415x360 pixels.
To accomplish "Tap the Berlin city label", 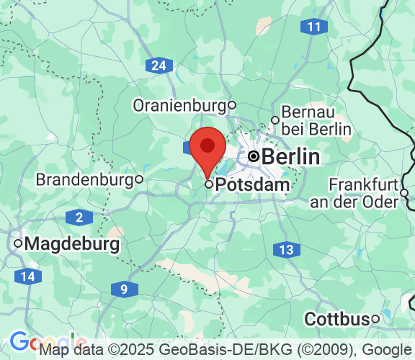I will click(x=290, y=157).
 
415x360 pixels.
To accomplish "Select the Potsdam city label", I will click(x=253, y=185).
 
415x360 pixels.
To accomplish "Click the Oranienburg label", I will click(x=179, y=106).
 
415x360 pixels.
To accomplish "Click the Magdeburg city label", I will click(x=72, y=244).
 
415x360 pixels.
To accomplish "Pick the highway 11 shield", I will click(x=313, y=27).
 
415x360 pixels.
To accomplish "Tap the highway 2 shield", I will click(x=79, y=217).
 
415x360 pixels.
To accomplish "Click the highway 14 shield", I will click(x=27, y=276).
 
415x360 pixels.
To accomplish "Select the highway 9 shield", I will click(x=125, y=289).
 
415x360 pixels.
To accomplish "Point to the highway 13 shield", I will click(x=287, y=250).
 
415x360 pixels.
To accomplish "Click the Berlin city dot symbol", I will click(x=254, y=156).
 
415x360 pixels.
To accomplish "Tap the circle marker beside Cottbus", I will click(x=375, y=319).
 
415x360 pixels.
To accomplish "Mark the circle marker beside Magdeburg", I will click(x=18, y=244).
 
